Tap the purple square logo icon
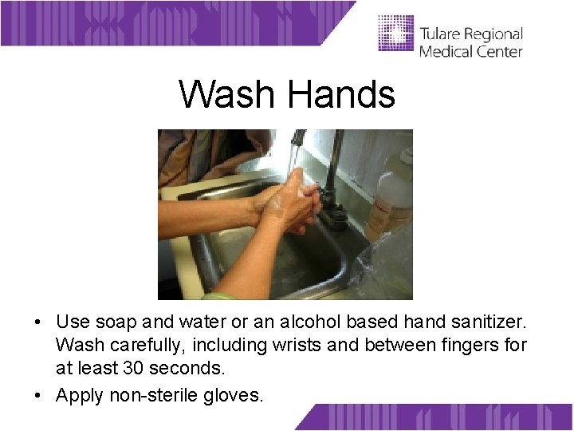[396, 34]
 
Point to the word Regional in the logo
[494, 35]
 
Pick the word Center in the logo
[499, 51]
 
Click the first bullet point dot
[38, 322]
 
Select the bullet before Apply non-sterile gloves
[38, 394]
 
